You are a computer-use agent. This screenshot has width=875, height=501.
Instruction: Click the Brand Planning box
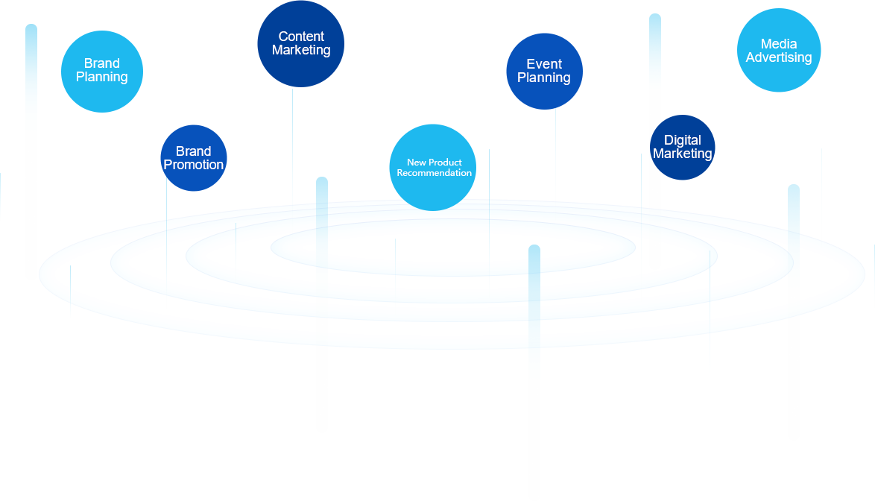[102, 72]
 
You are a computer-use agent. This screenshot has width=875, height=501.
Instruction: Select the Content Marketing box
[300, 44]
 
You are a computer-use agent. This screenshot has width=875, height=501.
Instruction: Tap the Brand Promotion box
[194, 158]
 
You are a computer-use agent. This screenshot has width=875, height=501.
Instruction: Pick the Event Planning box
[544, 72]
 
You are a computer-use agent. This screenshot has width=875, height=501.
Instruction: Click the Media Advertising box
[779, 51]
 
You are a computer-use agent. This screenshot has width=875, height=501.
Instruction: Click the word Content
[301, 37]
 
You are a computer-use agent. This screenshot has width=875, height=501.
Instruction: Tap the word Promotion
[194, 165]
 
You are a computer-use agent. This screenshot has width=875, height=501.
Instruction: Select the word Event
[544, 64]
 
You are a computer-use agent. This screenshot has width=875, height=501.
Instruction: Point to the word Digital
[683, 140]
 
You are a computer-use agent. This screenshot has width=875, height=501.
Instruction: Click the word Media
[779, 44]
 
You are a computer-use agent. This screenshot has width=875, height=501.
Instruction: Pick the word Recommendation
[434, 173]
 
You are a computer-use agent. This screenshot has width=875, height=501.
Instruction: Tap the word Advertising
[779, 57]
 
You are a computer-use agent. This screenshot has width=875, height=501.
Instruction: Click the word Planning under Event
[544, 78]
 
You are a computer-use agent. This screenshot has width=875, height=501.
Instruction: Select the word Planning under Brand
[102, 77]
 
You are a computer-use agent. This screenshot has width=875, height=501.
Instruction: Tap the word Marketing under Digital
[683, 154]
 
